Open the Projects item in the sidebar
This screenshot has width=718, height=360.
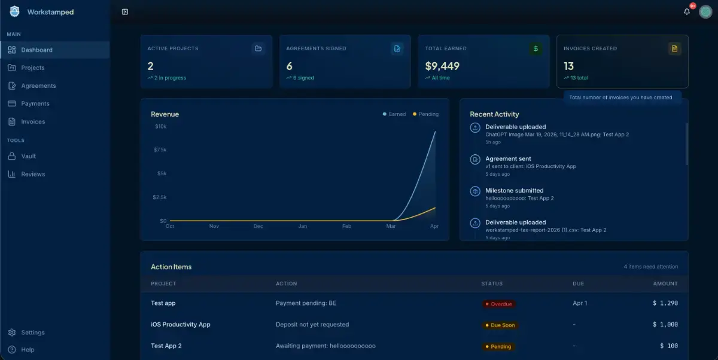point(33,68)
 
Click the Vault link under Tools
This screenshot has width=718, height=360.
point(28,156)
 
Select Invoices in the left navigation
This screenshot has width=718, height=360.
point(33,122)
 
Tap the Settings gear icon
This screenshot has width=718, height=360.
point(12,332)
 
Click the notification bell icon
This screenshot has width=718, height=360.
point(687,12)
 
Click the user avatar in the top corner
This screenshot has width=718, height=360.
point(705,12)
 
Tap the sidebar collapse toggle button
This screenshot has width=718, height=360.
point(125,12)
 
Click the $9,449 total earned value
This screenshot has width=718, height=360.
point(442,66)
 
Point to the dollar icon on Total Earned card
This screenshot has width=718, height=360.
point(536,48)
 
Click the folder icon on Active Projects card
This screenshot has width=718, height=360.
point(258,48)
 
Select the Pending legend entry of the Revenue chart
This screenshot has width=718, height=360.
point(425,114)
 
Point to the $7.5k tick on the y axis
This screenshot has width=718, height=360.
point(160,150)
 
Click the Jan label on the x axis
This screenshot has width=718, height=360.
point(302,226)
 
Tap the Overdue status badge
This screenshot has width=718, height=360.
point(499,304)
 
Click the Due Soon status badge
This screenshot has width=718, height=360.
point(500,325)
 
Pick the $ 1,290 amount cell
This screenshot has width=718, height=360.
point(665,303)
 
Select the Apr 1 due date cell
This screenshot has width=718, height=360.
point(580,303)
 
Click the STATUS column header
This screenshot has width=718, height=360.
point(492,283)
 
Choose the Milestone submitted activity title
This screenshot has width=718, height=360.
point(514,191)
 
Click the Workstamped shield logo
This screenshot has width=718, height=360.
point(14,11)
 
